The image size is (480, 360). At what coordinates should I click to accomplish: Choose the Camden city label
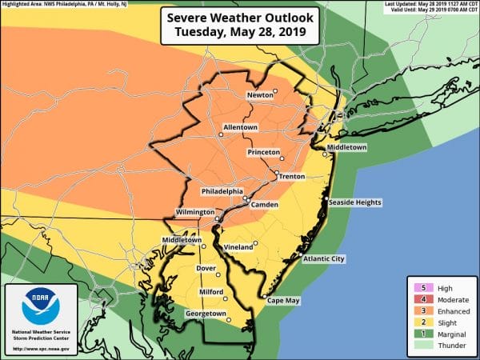pyautogui.click(x=264, y=205)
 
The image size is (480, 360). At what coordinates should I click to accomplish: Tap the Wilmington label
pyautogui.click(x=196, y=213)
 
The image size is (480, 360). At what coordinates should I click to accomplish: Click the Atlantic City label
pyautogui.click(x=325, y=259)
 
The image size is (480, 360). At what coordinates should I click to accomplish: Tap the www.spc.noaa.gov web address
pyautogui.click(x=41, y=350)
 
